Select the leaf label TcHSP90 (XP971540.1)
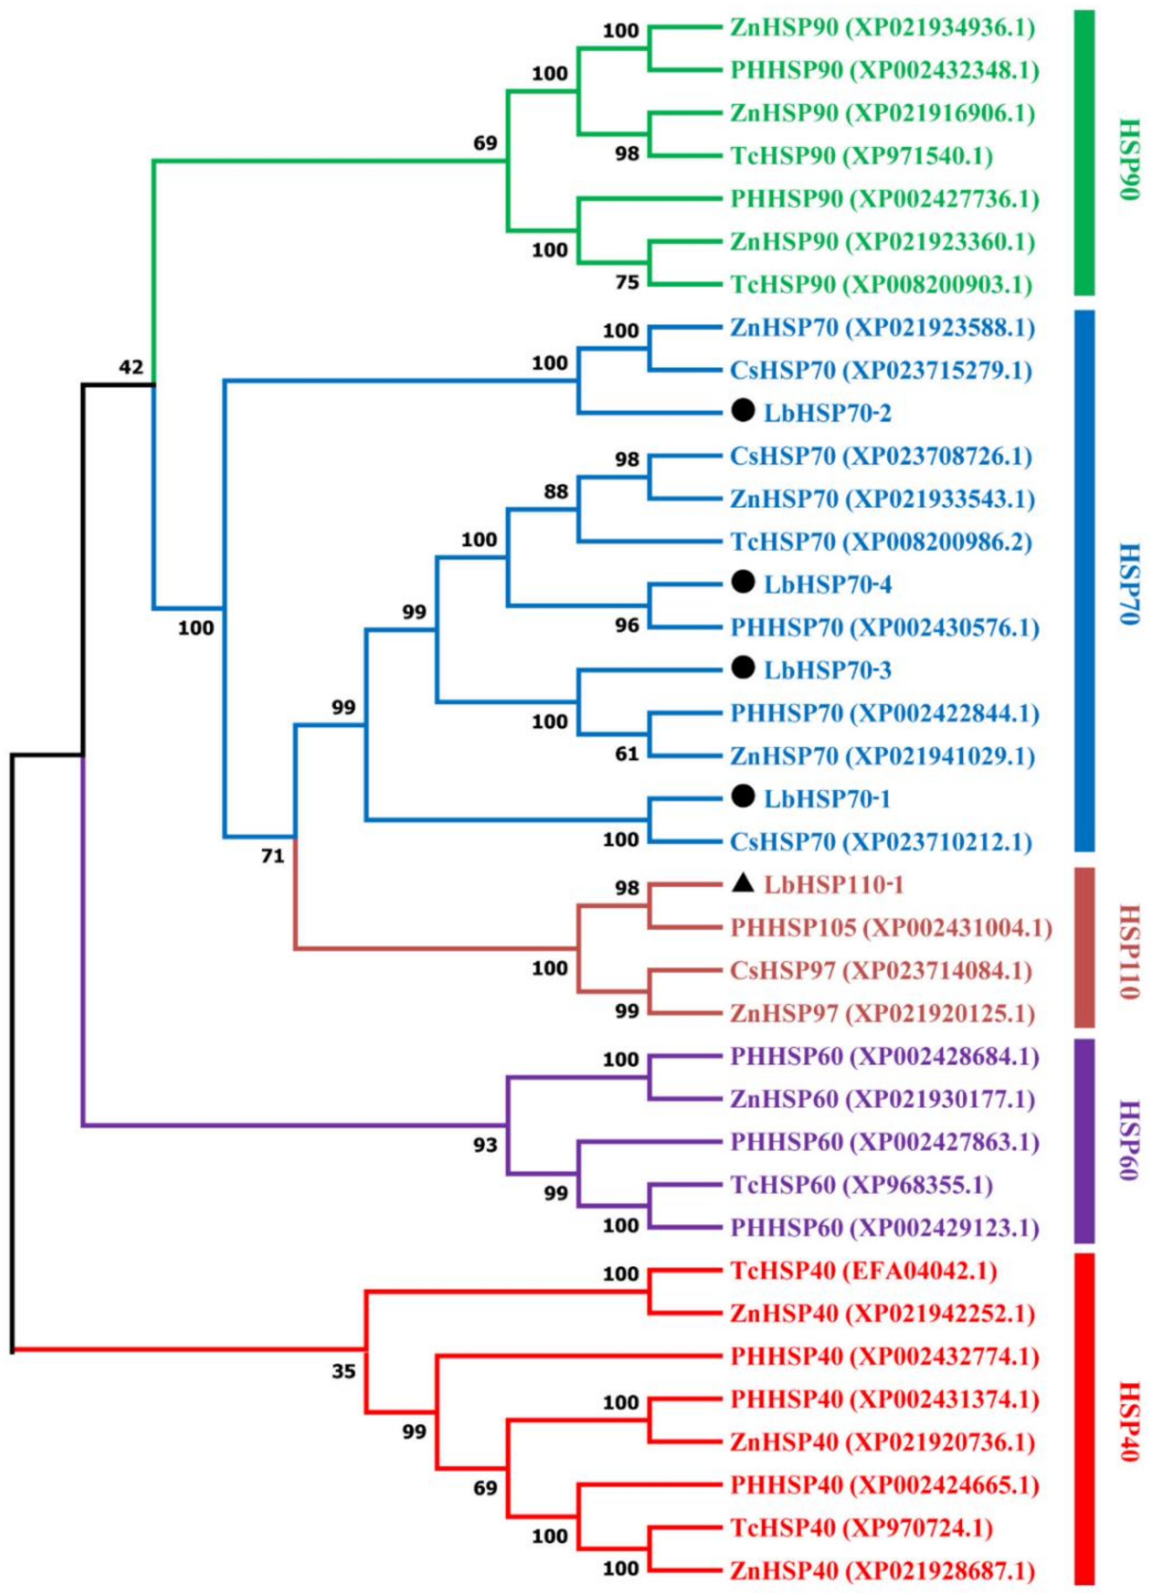861,156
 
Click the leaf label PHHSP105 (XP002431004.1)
891,928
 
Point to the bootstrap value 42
130,367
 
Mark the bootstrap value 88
556,491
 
